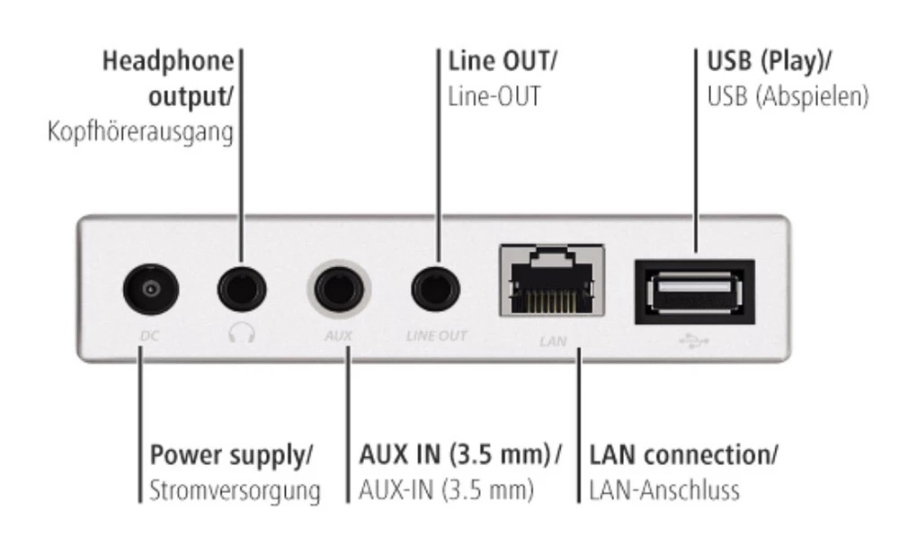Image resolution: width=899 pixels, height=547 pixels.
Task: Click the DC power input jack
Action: (150, 289)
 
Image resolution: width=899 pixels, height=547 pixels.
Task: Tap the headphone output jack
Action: (243, 289)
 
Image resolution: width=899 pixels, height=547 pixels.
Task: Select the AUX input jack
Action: (338, 290)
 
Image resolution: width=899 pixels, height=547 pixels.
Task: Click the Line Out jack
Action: (436, 289)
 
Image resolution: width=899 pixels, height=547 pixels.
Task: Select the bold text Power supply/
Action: (231, 454)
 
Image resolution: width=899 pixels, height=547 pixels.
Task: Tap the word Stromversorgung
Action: (235, 491)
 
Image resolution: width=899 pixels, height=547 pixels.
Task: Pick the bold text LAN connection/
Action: (684, 454)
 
